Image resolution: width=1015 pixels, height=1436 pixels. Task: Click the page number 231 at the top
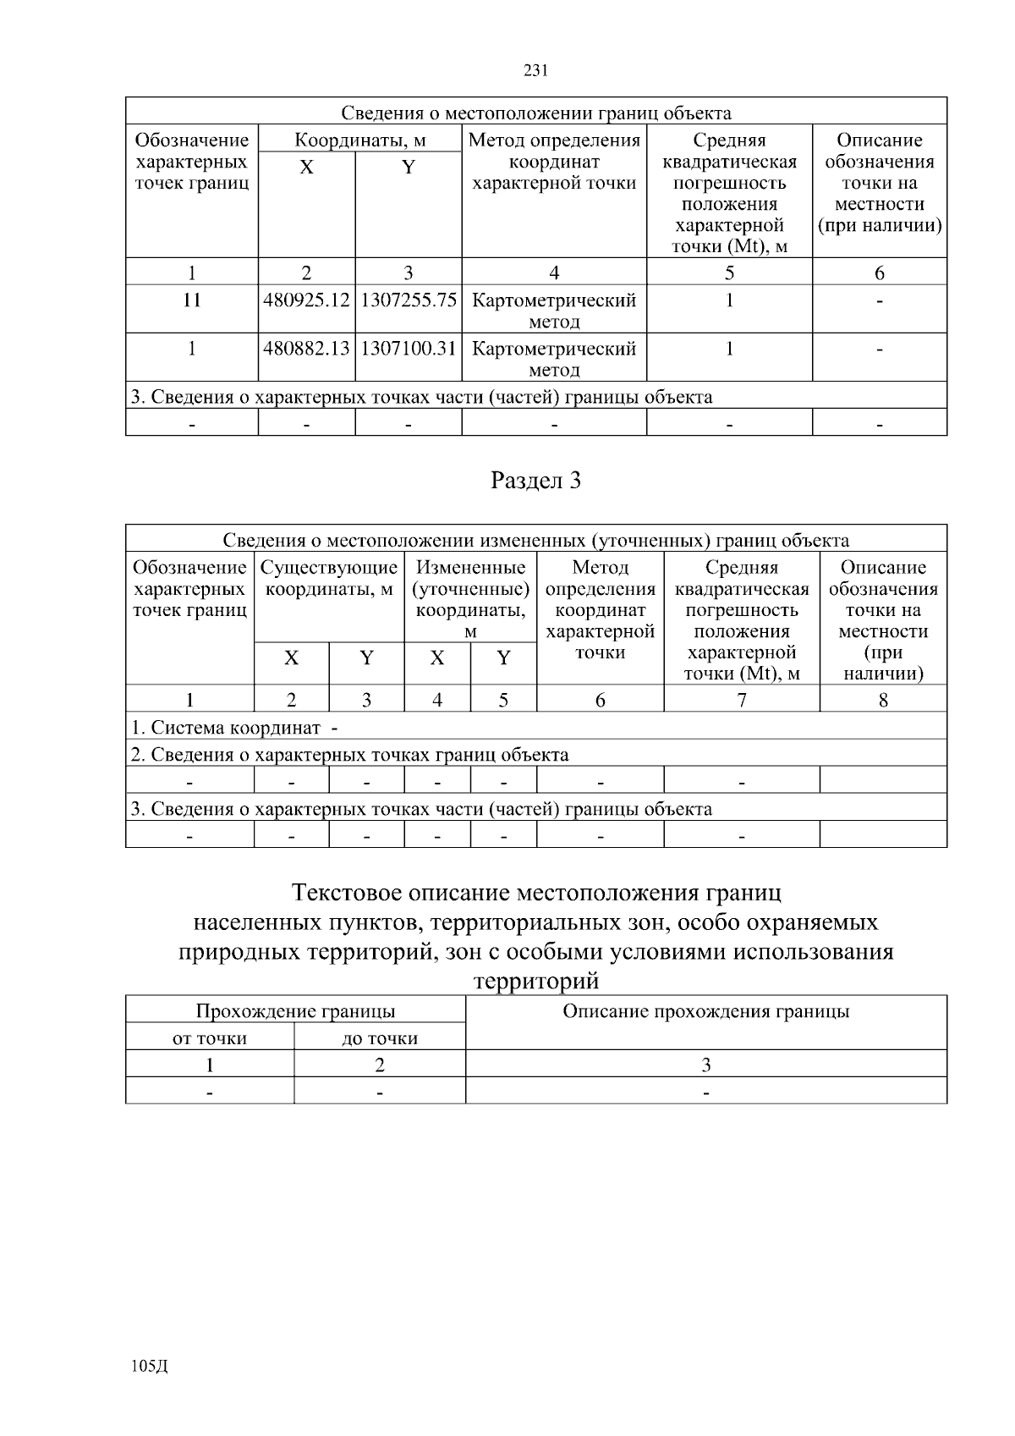click(536, 71)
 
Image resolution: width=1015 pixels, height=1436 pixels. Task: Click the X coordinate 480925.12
click(306, 300)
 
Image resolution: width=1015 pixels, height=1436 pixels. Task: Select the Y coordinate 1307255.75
click(409, 300)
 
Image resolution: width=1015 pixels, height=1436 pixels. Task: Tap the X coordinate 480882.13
click(306, 349)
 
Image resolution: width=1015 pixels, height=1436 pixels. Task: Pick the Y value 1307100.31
click(409, 349)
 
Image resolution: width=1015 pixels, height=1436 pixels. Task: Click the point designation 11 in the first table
click(192, 300)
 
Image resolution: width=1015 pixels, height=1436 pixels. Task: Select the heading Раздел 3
click(536, 481)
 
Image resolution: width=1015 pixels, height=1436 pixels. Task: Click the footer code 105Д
click(151, 1366)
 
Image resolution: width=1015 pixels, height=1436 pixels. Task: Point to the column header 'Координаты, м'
click(359, 140)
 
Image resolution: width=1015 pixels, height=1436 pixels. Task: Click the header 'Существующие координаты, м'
click(329, 578)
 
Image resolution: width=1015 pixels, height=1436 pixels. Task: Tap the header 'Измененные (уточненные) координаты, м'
click(471, 599)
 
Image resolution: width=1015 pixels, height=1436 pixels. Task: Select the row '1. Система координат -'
click(235, 728)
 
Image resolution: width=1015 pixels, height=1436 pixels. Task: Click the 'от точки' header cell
click(210, 1038)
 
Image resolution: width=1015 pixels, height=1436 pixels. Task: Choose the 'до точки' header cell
click(380, 1038)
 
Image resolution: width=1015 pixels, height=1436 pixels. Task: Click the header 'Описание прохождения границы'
click(706, 1012)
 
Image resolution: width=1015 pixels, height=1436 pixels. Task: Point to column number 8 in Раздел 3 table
click(883, 700)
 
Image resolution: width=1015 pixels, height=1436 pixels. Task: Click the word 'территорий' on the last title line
click(536, 982)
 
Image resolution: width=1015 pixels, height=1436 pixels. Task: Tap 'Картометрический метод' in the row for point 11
click(554, 311)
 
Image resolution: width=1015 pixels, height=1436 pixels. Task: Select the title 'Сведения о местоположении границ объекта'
click(536, 113)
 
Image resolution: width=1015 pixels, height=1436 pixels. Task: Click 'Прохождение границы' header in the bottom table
click(295, 1011)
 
